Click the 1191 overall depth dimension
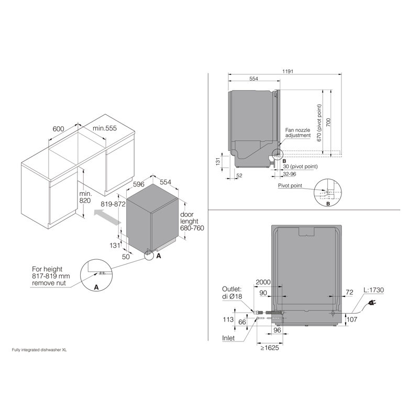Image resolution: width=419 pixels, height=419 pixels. pyautogui.click(x=288, y=71)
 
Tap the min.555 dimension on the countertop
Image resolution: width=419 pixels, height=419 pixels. pyautogui.click(x=104, y=128)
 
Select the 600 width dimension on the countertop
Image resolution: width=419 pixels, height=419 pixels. pyautogui.click(x=58, y=129)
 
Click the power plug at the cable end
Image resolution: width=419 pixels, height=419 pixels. pyautogui.click(x=372, y=303)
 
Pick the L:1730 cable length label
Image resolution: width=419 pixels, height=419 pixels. pyautogui.click(x=373, y=290)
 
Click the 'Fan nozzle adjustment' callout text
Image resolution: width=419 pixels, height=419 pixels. pyautogui.click(x=297, y=133)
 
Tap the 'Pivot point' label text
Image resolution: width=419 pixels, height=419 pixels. pyautogui.click(x=290, y=185)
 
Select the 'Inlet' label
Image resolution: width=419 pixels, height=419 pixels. pyautogui.click(x=228, y=338)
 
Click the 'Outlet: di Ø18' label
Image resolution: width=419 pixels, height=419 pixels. pyautogui.click(x=232, y=293)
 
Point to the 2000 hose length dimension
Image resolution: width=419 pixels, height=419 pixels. pyautogui.click(x=263, y=282)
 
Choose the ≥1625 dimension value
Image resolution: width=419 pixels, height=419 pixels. pyautogui.click(x=270, y=348)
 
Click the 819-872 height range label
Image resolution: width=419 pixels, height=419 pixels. pyautogui.click(x=113, y=204)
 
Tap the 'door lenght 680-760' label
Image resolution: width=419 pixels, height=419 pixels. pyautogui.click(x=192, y=221)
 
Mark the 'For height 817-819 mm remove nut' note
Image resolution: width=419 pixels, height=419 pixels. pyautogui.click(x=51, y=276)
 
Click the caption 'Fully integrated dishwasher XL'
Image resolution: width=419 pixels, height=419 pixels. pyautogui.click(x=39, y=350)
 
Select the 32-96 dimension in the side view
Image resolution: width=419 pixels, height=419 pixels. pyautogui.click(x=290, y=174)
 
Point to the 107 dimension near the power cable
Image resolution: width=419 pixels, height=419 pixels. pyautogui.click(x=352, y=319)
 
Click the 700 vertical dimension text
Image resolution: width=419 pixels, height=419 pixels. pyautogui.click(x=328, y=123)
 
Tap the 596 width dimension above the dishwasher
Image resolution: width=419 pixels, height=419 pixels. pyautogui.click(x=138, y=184)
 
